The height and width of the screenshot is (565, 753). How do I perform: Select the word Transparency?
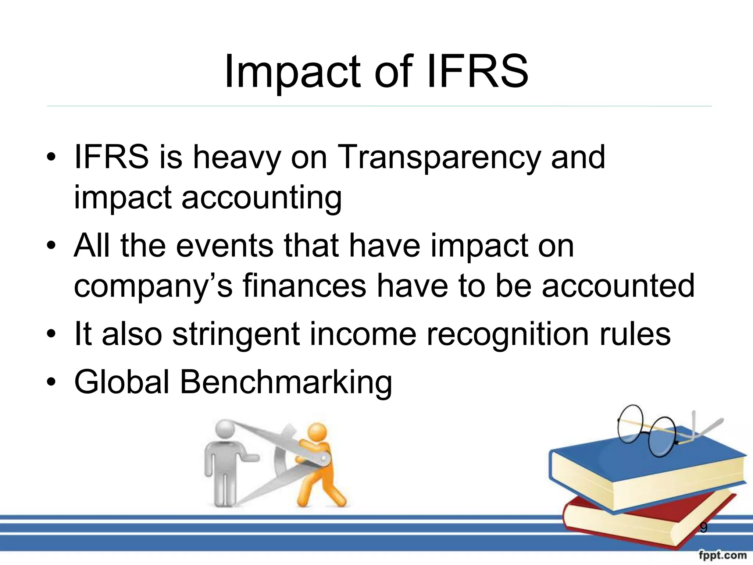(438, 157)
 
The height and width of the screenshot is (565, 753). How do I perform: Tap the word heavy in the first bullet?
(236, 157)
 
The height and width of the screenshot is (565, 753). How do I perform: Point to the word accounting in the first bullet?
(261, 198)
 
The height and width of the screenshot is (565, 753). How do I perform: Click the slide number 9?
(703, 528)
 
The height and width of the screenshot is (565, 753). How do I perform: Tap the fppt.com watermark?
(723, 555)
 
